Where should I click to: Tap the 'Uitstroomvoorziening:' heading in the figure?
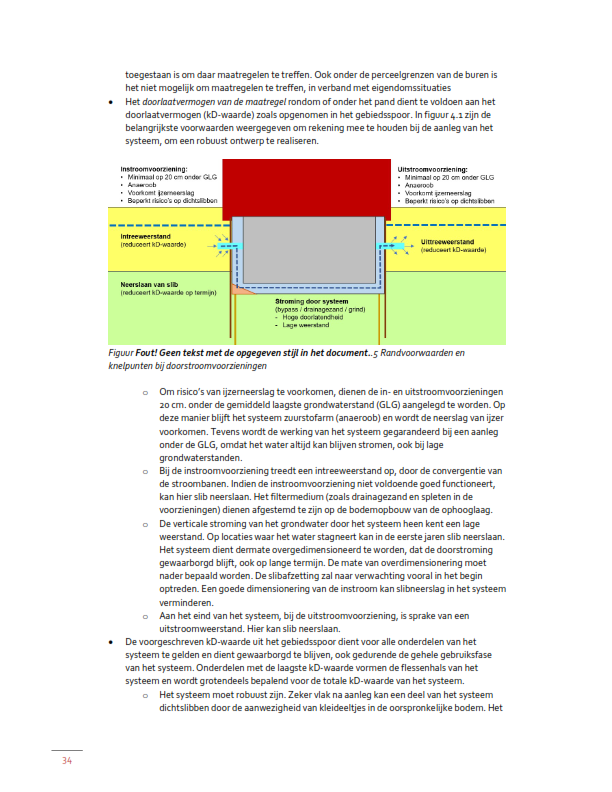point(431,170)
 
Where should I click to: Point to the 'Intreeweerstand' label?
point(143,236)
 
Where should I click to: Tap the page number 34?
point(67,761)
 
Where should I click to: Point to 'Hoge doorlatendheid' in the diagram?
point(316,319)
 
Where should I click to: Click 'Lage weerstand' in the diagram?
point(308,326)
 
